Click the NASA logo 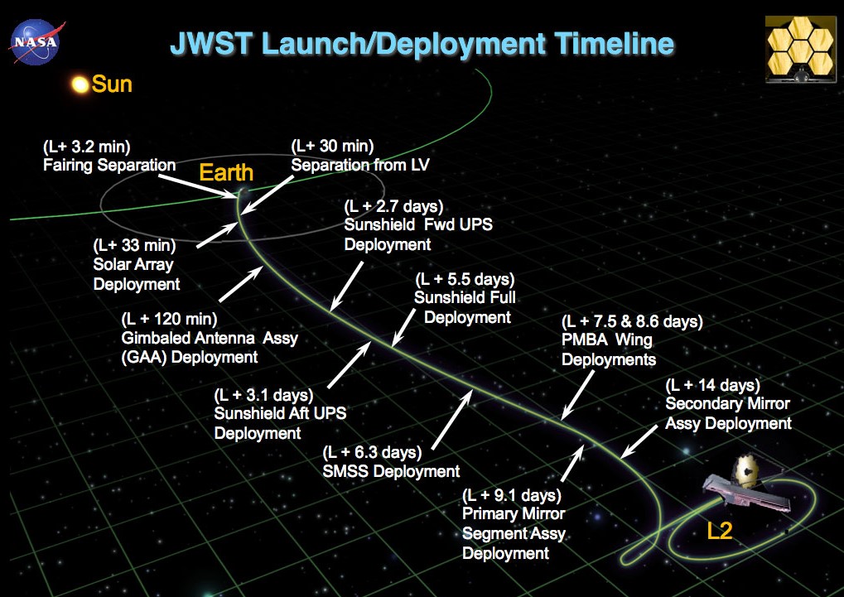(x=36, y=41)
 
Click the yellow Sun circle (x=80, y=84)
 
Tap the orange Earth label (x=226, y=173)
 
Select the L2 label (x=719, y=531)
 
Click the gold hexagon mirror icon (x=800, y=50)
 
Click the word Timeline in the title (x=615, y=44)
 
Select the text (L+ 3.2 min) (x=87, y=147)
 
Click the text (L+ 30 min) (x=333, y=146)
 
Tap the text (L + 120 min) (x=170, y=320)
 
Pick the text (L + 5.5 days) (x=465, y=279)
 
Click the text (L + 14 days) (x=712, y=385)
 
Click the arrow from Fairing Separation (x=198, y=186)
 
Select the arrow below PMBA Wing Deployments (x=577, y=395)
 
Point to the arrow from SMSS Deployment (x=452, y=420)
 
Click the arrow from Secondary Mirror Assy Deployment (x=639, y=442)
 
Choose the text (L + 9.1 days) (x=512, y=494)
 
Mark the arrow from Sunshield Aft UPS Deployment (x=349, y=365)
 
